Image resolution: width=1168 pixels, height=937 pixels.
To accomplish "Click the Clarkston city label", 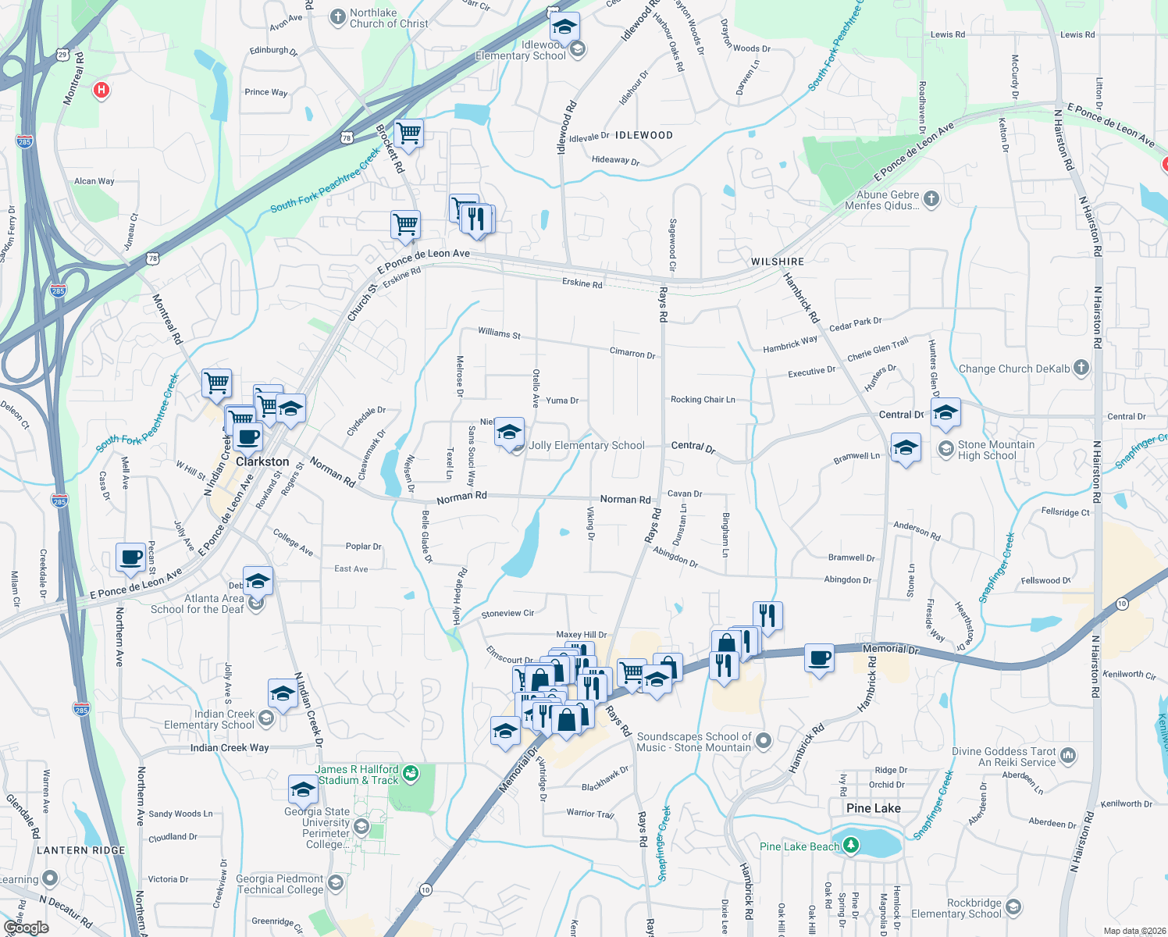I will pos(262,461).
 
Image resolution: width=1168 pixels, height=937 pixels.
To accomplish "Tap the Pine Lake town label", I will pos(873,808).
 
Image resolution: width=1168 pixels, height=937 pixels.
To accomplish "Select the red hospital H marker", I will pos(101,91).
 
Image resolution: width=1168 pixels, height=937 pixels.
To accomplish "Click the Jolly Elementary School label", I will pos(586,445).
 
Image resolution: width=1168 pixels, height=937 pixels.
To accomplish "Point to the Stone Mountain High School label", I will pos(995,450).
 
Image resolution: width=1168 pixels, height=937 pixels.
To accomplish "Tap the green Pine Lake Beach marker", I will pos(851,846).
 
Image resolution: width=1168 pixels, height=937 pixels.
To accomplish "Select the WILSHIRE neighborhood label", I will pos(777,262).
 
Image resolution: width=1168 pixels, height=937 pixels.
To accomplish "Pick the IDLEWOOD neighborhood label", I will pos(643,135).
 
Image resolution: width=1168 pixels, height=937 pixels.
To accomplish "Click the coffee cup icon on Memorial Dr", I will pos(819,658).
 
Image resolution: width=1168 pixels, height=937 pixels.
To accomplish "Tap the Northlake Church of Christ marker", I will pos(337,17).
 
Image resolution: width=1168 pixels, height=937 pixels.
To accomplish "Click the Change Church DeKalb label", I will pos(1014,369).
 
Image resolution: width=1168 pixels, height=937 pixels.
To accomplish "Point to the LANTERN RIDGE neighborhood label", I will pos(80,850).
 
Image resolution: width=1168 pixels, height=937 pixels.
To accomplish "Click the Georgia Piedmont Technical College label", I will pos(280,884).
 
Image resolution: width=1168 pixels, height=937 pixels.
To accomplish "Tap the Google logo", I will pos(26,928).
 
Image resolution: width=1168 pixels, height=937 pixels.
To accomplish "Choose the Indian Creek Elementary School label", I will pos(209,719).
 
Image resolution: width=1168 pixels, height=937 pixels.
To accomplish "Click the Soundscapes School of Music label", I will pos(693,742).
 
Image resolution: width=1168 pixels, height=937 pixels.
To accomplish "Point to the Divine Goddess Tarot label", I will pos(1003,757).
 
